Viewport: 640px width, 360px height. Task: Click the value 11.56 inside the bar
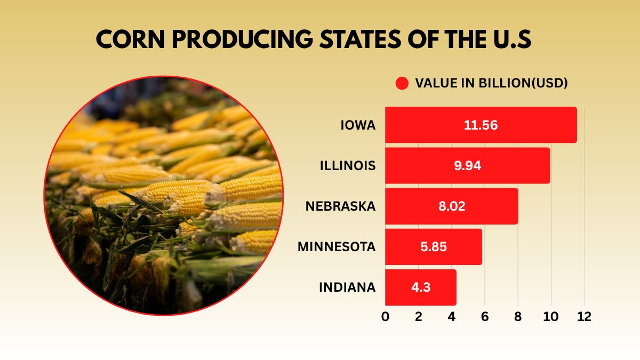[x=481, y=125]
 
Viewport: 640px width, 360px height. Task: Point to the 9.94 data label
[x=467, y=165]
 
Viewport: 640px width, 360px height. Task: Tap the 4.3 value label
[x=420, y=287]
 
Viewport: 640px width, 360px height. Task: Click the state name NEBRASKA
[x=340, y=206]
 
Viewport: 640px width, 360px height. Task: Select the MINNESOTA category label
[x=337, y=247]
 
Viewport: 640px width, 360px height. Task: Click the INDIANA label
[x=347, y=287]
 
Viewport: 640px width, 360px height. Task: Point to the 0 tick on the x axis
[x=385, y=316]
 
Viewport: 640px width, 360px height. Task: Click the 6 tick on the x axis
[x=485, y=316]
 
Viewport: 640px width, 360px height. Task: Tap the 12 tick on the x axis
[x=584, y=316]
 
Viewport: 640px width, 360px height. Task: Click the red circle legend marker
[x=402, y=83]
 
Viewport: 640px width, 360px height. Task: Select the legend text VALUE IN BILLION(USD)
[x=491, y=83]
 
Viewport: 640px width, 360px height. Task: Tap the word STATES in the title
[x=353, y=41]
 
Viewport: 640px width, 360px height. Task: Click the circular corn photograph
[x=164, y=195]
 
